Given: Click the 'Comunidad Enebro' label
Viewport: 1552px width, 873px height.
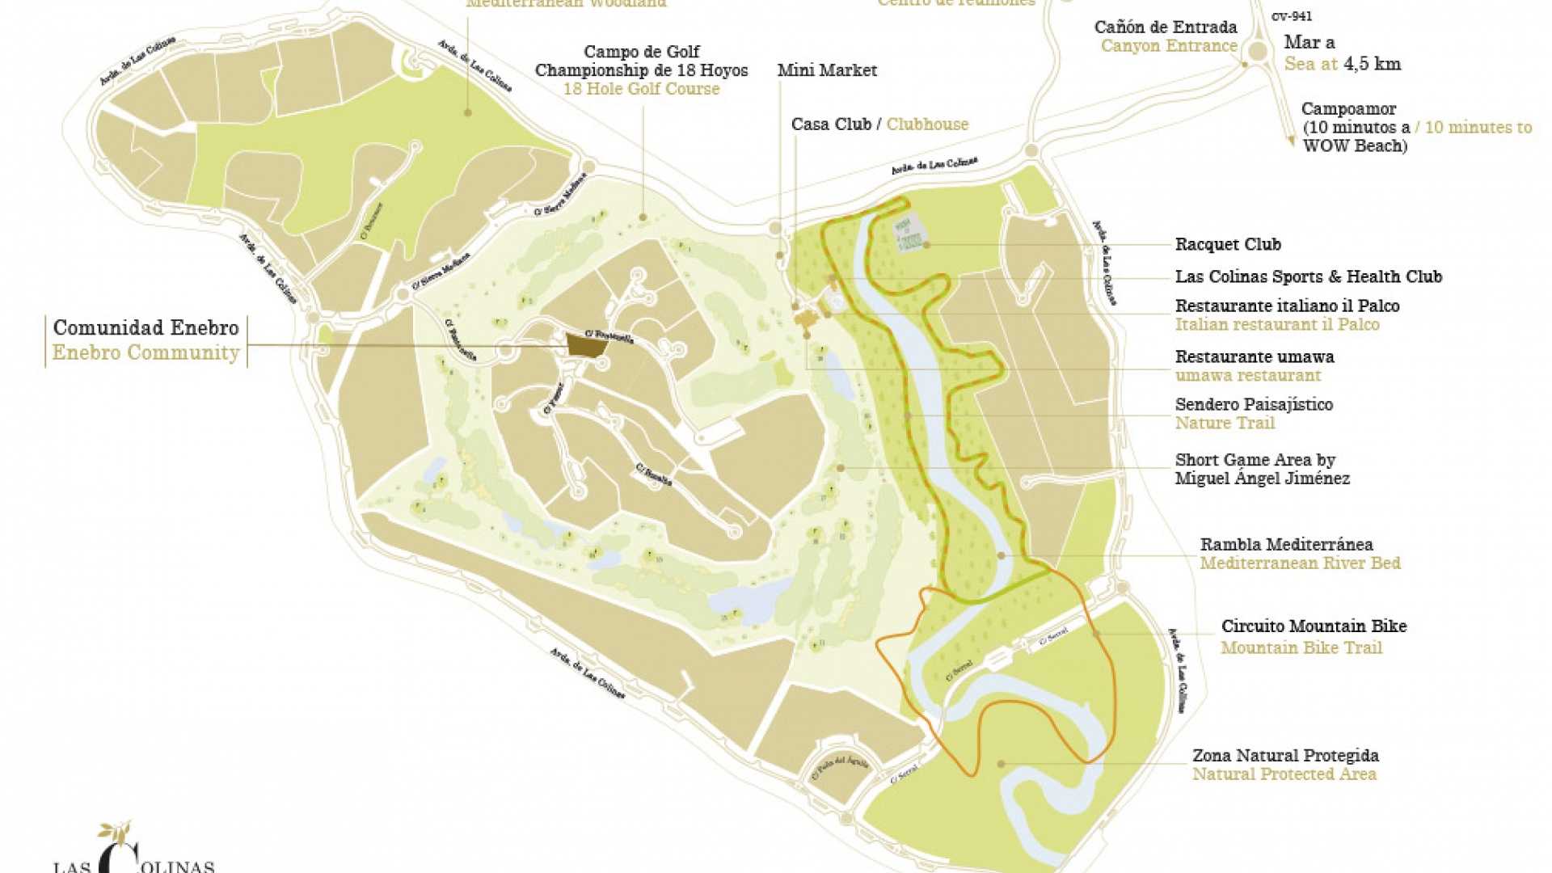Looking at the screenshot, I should [x=145, y=328].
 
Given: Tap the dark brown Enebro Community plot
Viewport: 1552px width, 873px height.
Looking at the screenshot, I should [x=587, y=345].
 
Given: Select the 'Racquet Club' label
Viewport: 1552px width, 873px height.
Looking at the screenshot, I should [x=1227, y=244].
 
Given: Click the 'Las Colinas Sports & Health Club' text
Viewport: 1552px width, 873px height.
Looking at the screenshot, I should [x=1308, y=276].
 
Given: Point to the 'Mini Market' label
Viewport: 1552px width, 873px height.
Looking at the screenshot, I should [x=827, y=70].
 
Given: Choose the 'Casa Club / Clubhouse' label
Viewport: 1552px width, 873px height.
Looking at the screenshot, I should [x=879, y=124].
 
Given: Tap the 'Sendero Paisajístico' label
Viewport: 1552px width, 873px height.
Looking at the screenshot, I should [x=1254, y=404].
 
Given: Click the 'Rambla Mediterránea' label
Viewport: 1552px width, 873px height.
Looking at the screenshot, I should [x=1286, y=544].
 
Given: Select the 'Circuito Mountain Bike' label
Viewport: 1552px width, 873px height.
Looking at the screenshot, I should [x=1314, y=626].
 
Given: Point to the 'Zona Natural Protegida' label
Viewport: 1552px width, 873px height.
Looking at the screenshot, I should [x=1285, y=755].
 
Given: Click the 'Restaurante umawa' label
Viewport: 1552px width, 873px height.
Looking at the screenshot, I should [x=1254, y=356].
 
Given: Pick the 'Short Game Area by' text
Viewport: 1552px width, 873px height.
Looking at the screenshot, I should [x=1255, y=460].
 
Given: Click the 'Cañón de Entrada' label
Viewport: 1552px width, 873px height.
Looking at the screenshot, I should [x=1165, y=27].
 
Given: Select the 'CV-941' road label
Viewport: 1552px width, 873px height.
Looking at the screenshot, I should [x=1291, y=16].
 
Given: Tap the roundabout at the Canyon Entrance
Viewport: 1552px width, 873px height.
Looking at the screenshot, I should [x=1257, y=52].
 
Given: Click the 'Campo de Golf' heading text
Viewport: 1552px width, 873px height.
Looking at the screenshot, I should [x=641, y=52].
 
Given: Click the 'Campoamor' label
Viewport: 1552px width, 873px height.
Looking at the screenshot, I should [x=1348, y=109].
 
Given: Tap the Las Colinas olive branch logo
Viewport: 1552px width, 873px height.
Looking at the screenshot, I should [x=116, y=833].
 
